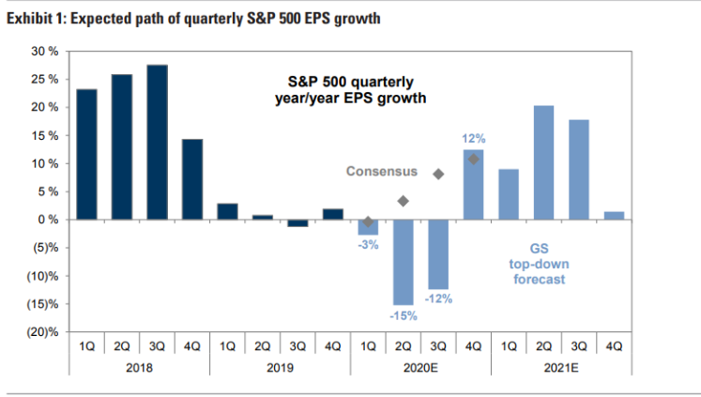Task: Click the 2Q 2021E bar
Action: point(541,162)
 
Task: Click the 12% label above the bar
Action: point(473,139)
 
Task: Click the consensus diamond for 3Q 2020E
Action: point(438,174)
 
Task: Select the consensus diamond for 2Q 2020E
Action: point(403,201)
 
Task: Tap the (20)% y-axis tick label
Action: point(43,332)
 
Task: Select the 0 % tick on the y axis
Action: point(49,220)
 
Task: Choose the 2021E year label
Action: point(560,369)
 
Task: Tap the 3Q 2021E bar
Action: point(578,170)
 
